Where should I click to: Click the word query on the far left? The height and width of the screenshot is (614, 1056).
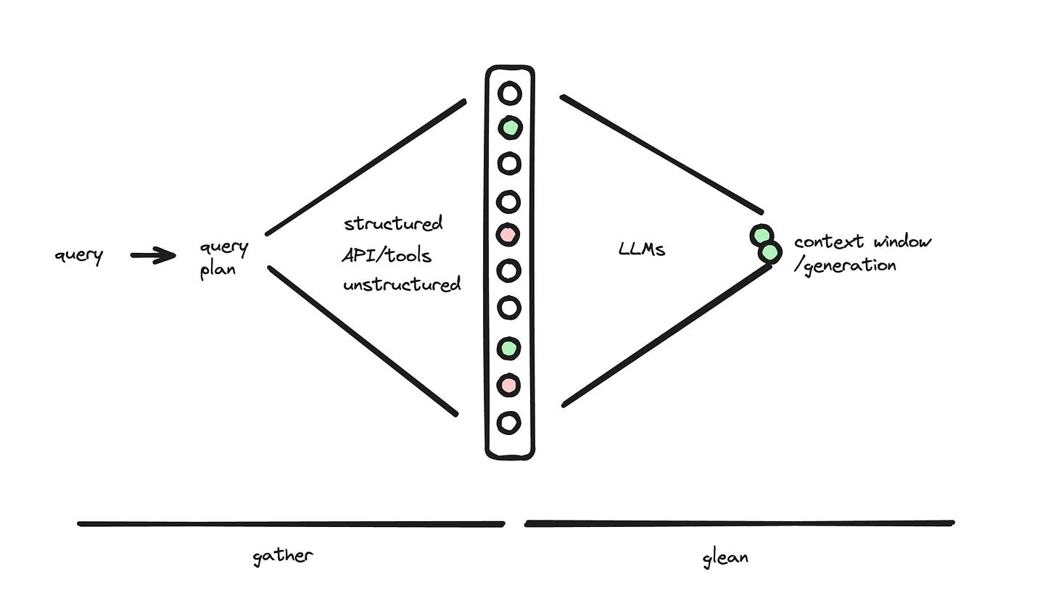pos(78,255)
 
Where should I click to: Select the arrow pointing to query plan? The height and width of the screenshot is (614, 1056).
pos(153,255)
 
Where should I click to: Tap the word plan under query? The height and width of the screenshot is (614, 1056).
pos(218,270)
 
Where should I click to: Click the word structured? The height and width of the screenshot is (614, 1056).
pos(393,223)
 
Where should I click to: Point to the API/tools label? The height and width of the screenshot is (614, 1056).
pos(387,255)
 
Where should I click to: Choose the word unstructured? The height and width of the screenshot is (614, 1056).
pos(402,284)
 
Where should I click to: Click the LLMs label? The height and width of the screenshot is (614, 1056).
pos(642,249)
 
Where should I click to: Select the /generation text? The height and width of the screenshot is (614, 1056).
pos(846,265)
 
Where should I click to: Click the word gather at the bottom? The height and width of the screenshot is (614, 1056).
pos(283,556)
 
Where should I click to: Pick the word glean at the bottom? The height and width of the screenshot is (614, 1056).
pos(725,557)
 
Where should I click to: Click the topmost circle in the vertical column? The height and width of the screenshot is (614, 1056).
pos(509,94)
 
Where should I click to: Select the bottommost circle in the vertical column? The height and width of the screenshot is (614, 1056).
pos(509,422)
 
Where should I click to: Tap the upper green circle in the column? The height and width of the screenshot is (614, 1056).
pos(510,128)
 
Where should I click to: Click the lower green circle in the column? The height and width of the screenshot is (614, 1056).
pos(509,348)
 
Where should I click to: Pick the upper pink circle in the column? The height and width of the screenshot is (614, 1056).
pos(508,234)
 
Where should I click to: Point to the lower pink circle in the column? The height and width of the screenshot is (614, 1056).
pos(509,385)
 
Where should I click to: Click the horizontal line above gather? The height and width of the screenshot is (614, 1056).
pos(290,523)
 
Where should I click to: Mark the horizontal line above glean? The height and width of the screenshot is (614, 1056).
pos(740,523)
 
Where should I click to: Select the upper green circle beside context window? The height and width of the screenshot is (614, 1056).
pos(760,235)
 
